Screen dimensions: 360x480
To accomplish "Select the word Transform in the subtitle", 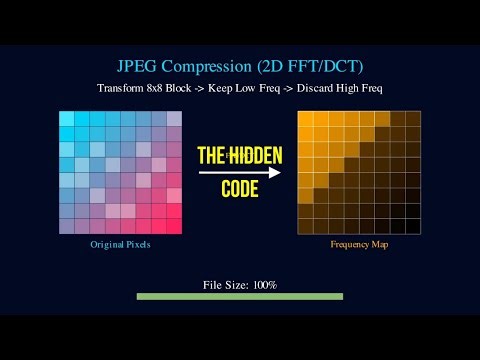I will [x=124, y=87].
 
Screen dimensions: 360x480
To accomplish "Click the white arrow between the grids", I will [x=239, y=172].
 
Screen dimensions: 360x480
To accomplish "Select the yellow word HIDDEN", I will [x=253, y=155].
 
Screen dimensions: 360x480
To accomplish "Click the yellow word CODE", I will [x=240, y=189].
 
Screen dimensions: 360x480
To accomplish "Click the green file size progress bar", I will [x=239, y=296].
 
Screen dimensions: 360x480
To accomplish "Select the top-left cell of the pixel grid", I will [x=66, y=118].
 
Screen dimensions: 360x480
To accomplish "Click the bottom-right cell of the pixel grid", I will [x=174, y=225].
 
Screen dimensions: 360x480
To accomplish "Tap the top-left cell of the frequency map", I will [x=306, y=118].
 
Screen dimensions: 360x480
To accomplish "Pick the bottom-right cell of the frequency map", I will [x=413, y=225].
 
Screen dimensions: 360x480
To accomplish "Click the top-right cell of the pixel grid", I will [x=174, y=118].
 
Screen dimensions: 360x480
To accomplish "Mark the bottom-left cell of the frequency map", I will [x=306, y=225].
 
